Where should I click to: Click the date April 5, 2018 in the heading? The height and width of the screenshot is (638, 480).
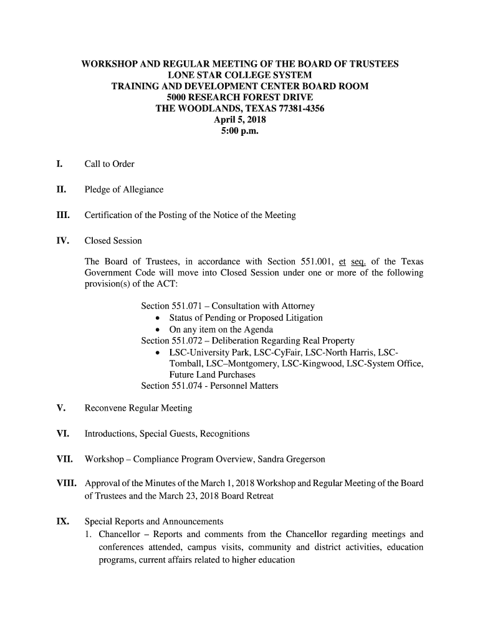[240, 120]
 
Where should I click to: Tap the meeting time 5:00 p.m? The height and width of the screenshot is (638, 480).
[240, 131]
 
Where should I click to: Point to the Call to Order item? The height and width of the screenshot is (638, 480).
[109, 164]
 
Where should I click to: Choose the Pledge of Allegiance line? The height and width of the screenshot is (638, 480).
[123, 190]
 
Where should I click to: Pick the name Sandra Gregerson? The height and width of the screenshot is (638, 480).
[287, 460]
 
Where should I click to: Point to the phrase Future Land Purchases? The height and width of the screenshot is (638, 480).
[212, 375]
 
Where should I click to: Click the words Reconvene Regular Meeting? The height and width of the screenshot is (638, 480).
[138, 409]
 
